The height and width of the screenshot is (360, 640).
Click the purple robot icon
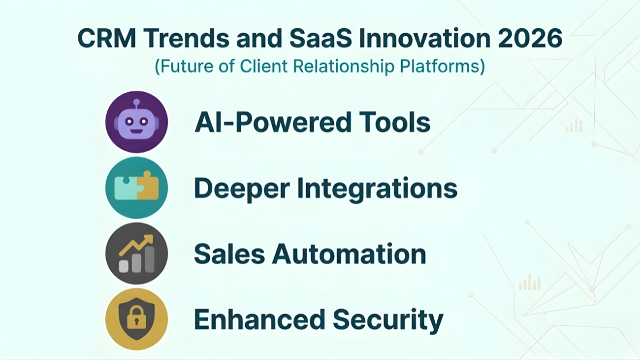coord(137,122)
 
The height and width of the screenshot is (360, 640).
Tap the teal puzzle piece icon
coord(137,188)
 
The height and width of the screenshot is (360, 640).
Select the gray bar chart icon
coord(137,254)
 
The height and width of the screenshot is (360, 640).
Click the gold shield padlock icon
coord(137,319)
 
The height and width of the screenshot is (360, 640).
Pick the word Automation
coord(349,254)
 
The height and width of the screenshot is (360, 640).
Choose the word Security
coord(388,319)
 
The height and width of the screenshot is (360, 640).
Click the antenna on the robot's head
coord(137,102)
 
